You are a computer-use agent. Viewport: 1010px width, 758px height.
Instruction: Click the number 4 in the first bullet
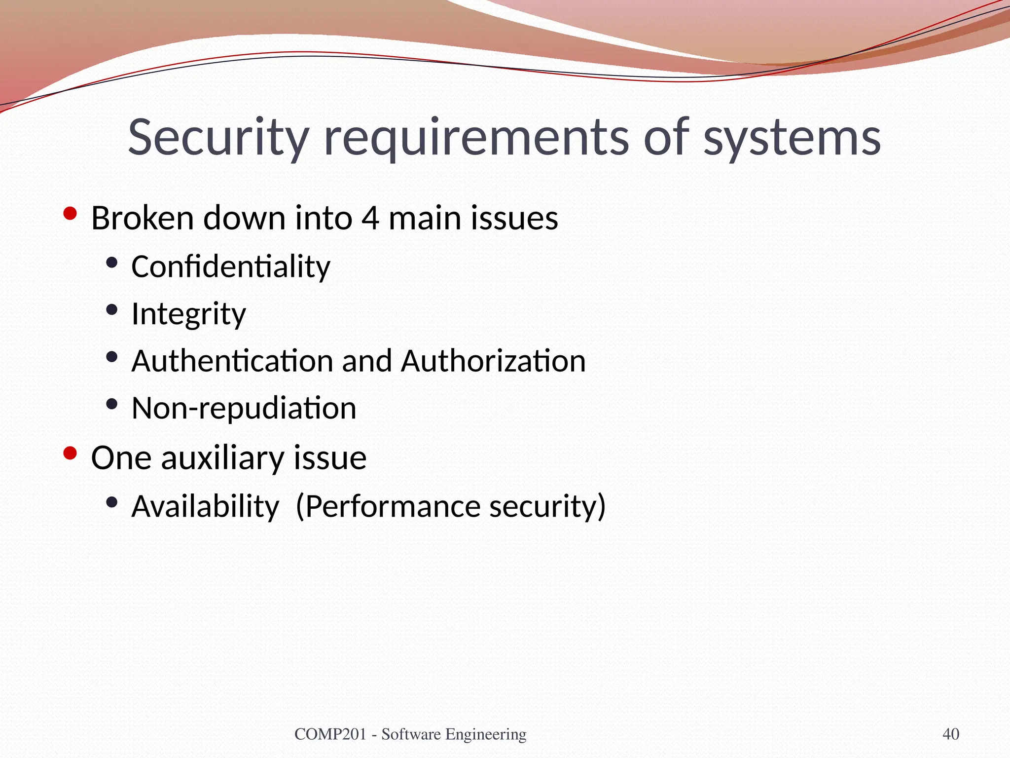click(x=370, y=218)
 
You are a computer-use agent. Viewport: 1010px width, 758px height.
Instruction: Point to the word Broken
click(x=143, y=218)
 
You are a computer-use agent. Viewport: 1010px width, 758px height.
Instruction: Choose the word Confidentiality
click(x=231, y=266)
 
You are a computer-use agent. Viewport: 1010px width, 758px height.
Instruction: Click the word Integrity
click(x=188, y=314)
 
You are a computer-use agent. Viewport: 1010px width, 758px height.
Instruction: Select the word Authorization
click(x=493, y=361)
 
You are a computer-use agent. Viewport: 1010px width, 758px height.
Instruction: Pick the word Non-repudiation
click(x=244, y=408)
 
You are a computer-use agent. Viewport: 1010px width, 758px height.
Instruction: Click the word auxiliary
click(x=222, y=457)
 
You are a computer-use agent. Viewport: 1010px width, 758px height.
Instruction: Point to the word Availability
click(x=205, y=506)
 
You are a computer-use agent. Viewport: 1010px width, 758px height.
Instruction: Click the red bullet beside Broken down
click(x=70, y=214)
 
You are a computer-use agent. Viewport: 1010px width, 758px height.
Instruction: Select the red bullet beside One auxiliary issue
click(x=70, y=453)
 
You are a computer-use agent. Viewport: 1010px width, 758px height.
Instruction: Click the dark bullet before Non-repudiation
click(x=112, y=404)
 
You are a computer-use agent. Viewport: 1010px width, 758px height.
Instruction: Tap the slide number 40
click(x=951, y=734)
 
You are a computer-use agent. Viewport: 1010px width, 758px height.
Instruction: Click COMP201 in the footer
click(x=330, y=734)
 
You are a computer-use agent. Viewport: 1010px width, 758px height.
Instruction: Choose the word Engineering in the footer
click(x=486, y=734)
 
